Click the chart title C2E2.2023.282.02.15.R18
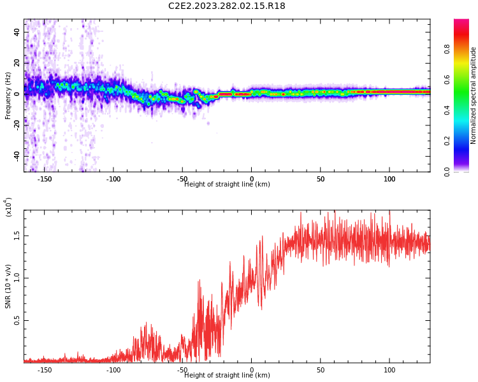tap(226, 6)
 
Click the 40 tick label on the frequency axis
tap(17, 32)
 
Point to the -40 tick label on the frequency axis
tap(17, 156)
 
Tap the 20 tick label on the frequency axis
tap(17, 63)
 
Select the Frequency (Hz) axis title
tap(8, 95)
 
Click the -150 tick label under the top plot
tap(45, 179)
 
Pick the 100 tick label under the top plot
tap(389, 179)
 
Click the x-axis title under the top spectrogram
tap(227, 185)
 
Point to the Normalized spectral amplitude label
tap(474, 95)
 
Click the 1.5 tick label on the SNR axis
tap(17, 235)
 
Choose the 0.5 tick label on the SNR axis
tap(17, 320)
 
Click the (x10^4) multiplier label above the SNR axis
tap(8, 207)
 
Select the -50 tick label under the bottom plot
tap(182, 370)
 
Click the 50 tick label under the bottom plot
tap(321, 370)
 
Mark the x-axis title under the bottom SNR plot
tap(227, 376)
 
